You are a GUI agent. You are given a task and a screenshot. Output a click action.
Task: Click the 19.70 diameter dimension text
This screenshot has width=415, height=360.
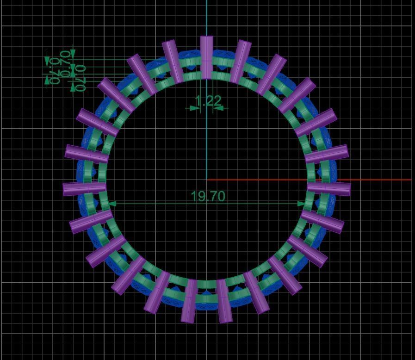click(208, 196)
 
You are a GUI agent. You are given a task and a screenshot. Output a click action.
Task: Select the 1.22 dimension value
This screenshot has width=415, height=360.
click(208, 100)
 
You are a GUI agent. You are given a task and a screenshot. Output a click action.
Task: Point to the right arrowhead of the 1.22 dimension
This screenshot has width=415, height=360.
click(218, 108)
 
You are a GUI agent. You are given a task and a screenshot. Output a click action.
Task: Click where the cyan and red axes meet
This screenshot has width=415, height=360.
click(206, 180)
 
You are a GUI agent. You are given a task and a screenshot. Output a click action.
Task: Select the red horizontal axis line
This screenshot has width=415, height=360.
click(370, 180)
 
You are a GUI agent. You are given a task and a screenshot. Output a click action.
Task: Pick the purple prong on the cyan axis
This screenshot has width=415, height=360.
click(206, 57)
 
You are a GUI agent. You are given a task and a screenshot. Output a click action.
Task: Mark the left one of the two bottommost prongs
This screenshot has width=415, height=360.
click(189, 301)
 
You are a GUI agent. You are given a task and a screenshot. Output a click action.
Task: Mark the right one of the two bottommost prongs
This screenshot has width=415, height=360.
click(224, 301)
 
